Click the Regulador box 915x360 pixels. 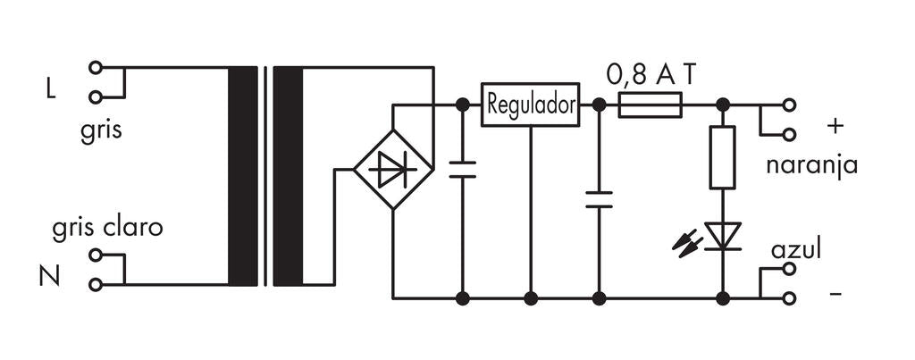tap(530, 105)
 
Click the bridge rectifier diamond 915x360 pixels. tap(393, 169)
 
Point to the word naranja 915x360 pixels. tap(811, 165)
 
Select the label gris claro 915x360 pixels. tap(107, 228)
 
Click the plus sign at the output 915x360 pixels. tap(835, 127)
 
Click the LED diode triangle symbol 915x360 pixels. tap(722, 236)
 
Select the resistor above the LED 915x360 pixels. tap(722, 157)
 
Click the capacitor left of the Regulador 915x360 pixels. tap(462, 170)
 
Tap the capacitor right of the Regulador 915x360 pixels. tap(599, 198)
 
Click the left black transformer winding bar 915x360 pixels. tap(243, 176)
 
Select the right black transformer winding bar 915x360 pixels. tap(288, 176)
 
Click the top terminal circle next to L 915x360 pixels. tap(96, 67)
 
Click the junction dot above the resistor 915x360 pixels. tap(722, 105)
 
